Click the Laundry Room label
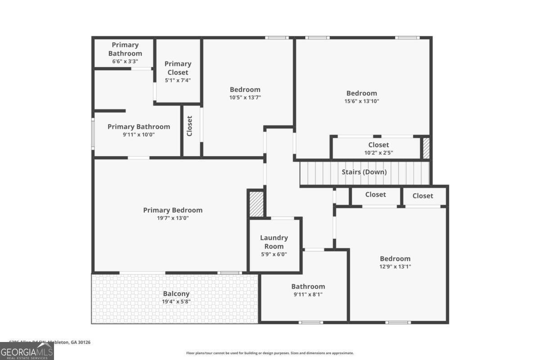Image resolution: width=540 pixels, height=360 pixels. [274, 242]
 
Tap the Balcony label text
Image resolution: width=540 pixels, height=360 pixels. [176, 294]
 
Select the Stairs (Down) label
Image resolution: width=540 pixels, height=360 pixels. [364, 172]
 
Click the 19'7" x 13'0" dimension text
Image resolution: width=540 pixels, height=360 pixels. [173, 218]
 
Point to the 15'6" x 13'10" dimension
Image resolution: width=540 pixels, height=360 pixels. [361, 101]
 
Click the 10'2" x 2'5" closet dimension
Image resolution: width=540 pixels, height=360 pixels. [378, 153]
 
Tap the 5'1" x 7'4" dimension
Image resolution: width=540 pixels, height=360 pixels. [178, 80]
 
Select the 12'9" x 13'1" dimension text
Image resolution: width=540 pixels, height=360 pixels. [395, 266]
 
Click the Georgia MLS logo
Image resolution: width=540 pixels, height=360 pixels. [27, 351]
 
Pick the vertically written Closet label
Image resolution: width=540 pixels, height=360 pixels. [189, 126]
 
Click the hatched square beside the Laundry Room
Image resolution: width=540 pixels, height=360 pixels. [256, 204]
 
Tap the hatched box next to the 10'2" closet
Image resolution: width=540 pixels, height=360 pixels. [426, 148]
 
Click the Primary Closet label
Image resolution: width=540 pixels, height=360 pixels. [178, 68]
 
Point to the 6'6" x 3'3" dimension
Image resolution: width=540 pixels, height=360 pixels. [125, 61]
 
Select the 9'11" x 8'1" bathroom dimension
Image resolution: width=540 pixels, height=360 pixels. [308, 294]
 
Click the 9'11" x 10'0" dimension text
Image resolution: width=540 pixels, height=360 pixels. [139, 135]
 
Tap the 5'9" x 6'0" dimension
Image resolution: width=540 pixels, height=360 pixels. [274, 254]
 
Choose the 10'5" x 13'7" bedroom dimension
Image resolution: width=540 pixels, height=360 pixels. [245, 97]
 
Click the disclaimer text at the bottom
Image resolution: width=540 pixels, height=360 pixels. [270, 353]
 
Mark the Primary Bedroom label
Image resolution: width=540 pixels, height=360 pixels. [173, 210]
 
